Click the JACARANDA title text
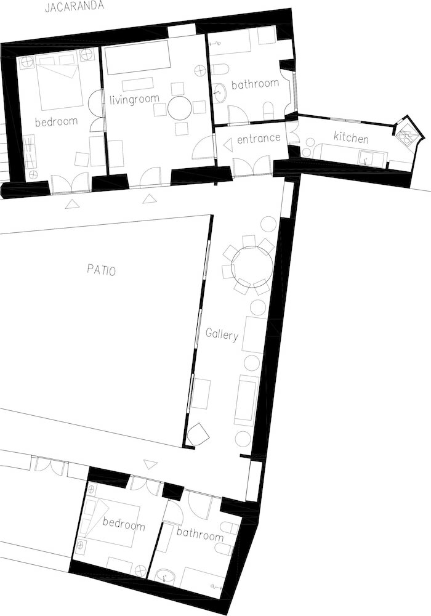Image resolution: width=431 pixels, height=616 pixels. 74,7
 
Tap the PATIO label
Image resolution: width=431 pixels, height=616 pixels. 101,270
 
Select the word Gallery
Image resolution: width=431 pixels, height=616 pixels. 222,335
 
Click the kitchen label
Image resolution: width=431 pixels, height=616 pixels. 351,137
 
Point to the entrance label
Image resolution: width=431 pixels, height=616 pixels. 259,138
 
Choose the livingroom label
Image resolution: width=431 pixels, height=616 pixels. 134,100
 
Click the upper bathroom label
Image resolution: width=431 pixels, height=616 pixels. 255,84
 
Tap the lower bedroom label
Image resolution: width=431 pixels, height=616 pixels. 124,524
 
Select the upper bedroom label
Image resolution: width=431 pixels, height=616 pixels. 56,121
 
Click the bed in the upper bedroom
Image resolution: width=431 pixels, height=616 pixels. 60,83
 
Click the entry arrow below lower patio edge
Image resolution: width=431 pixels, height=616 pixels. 150,464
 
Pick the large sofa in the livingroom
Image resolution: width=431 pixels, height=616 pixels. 137,57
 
